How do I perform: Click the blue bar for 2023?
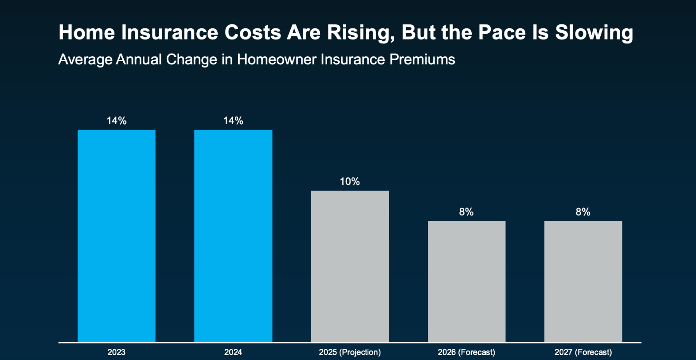[117, 236]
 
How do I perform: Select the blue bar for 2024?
[233, 236]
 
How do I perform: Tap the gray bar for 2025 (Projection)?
[350, 266]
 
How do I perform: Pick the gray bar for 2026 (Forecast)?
[466, 282]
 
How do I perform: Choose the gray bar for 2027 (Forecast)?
[583, 282]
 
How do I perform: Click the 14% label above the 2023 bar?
[117, 121]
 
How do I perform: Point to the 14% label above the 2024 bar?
[233, 121]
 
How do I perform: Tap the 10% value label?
[350, 181]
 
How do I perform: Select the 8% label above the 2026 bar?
[466, 212]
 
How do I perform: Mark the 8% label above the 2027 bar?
[583, 212]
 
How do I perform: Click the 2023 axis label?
[117, 352]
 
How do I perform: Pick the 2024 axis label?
[233, 352]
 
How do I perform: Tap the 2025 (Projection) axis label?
[350, 352]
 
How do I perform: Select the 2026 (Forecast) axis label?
[466, 352]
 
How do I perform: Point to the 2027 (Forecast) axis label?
[583, 352]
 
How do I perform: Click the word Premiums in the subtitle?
[422, 59]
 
